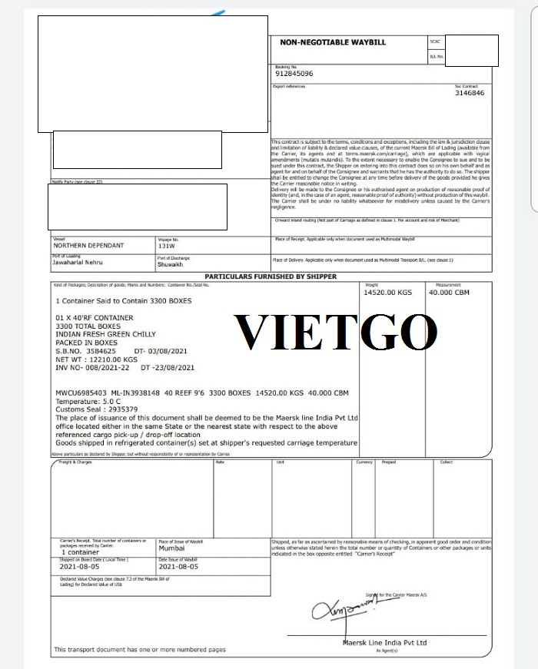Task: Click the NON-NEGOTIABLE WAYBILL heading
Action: pos(332,42)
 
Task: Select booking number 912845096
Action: pos(294,74)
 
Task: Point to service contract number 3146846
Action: pos(470,93)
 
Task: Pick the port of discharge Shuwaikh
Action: pos(171,263)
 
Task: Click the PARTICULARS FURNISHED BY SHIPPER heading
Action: pos(270,277)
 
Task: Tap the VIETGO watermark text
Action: pos(336,332)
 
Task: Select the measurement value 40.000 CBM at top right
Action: pos(450,293)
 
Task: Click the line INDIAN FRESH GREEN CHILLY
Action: pos(105,334)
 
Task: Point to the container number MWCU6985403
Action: pos(85,392)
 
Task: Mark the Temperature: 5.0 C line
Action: pos(89,400)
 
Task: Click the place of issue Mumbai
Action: pos(172,549)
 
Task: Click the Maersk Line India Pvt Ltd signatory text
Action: pos(384,642)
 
